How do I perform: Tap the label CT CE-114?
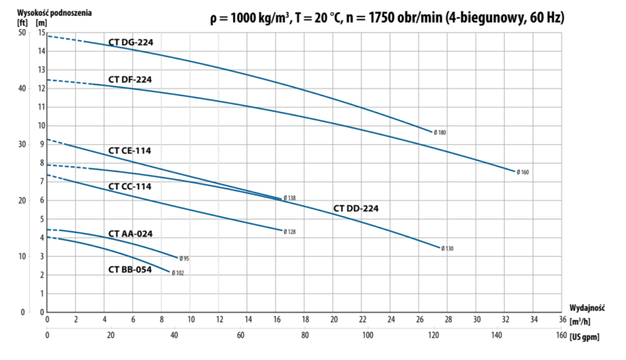coord(129,149)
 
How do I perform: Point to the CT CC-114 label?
coord(130,186)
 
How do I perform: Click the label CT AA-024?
coord(130,233)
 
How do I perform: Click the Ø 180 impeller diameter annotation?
coord(441,133)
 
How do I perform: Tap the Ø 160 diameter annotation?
coord(523,171)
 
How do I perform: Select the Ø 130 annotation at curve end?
coord(448,248)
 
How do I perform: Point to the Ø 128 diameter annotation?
coord(290,231)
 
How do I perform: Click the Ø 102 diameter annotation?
coord(178,272)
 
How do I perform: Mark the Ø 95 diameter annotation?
coord(185,258)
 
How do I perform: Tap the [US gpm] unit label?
coord(588,336)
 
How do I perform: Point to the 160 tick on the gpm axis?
coord(561,336)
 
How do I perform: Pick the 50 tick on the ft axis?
coord(22,33)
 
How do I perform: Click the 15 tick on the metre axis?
coord(41,33)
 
